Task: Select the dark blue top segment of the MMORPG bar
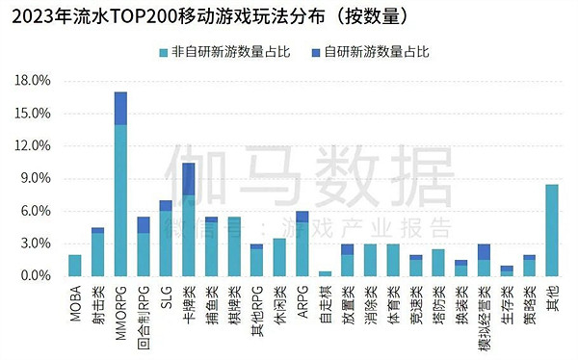pyautogui.click(x=120, y=108)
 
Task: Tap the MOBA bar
pyautogui.click(x=75, y=265)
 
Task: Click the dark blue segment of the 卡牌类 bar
pyautogui.click(x=189, y=179)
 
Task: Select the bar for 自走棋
pyautogui.click(x=325, y=273)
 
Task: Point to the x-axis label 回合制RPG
pyautogui.click(x=144, y=310)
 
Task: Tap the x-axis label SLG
pyautogui.click(x=166, y=296)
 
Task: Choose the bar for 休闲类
pyautogui.click(x=279, y=257)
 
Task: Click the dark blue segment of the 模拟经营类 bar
pyautogui.click(x=484, y=251)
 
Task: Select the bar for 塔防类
pyautogui.click(x=438, y=263)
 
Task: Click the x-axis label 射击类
pyautogui.click(x=98, y=302)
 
